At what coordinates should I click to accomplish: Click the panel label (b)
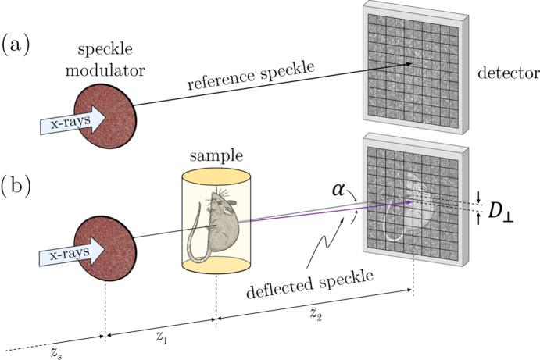click(16, 187)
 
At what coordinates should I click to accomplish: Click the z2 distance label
click(314, 315)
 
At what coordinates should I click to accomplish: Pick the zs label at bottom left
click(53, 354)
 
